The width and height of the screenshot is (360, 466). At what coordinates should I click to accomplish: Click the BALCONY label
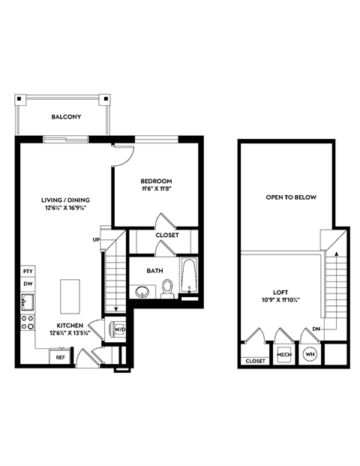pos(66,118)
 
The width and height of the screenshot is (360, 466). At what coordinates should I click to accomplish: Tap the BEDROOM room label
pos(156,181)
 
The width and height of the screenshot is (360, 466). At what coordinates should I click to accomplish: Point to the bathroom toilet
pos(168,289)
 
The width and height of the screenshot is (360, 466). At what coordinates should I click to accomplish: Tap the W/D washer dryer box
pos(118,328)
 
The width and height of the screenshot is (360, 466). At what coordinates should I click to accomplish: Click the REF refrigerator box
pos(61,358)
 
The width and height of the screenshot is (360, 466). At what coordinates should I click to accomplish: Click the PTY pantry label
pos(28,271)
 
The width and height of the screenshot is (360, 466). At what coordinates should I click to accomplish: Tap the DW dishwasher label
pos(28,284)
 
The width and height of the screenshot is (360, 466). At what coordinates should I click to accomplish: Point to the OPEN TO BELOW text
pos(291,197)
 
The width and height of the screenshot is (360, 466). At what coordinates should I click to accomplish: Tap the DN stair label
pos(317,329)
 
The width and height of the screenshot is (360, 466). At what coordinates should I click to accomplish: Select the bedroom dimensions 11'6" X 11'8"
pos(156,191)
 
